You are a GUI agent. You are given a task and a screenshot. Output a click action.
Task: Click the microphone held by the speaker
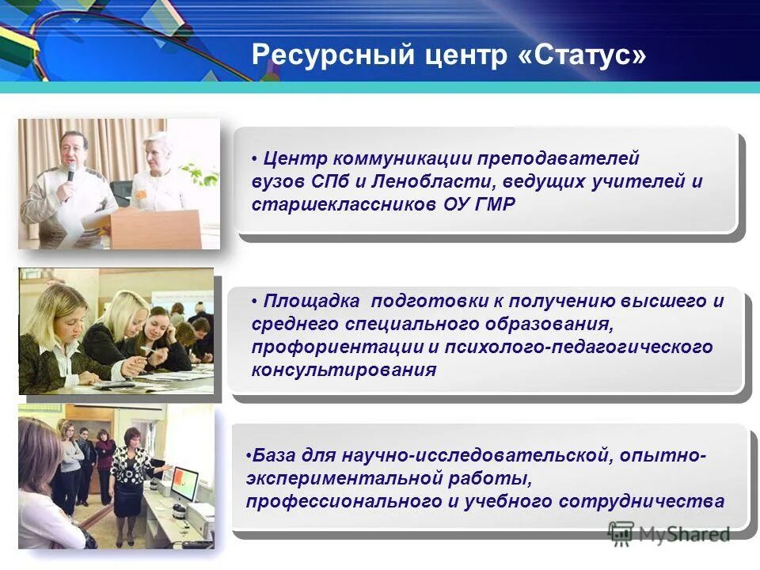tap(70, 172)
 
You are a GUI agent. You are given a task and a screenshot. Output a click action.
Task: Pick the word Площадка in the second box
tap(313, 302)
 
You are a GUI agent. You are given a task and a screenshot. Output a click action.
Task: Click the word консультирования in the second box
tap(344, 370)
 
